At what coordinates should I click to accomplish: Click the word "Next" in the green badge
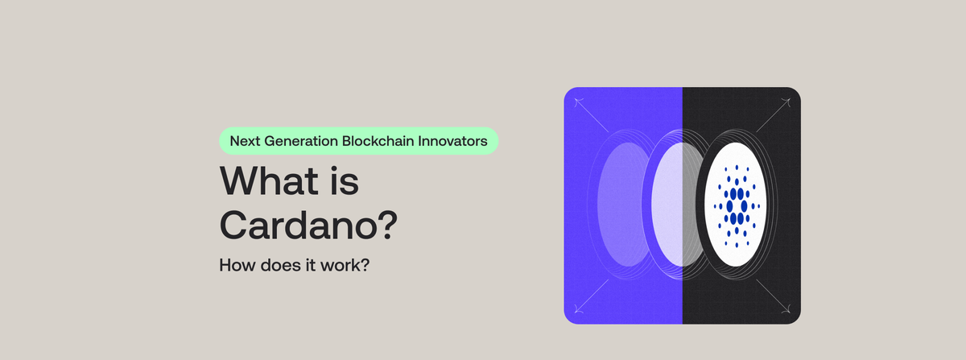point(246,140)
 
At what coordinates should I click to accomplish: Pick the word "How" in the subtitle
point(234,264)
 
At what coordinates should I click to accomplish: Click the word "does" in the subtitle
point(275,264)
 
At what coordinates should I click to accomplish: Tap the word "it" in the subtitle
point(308,264)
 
